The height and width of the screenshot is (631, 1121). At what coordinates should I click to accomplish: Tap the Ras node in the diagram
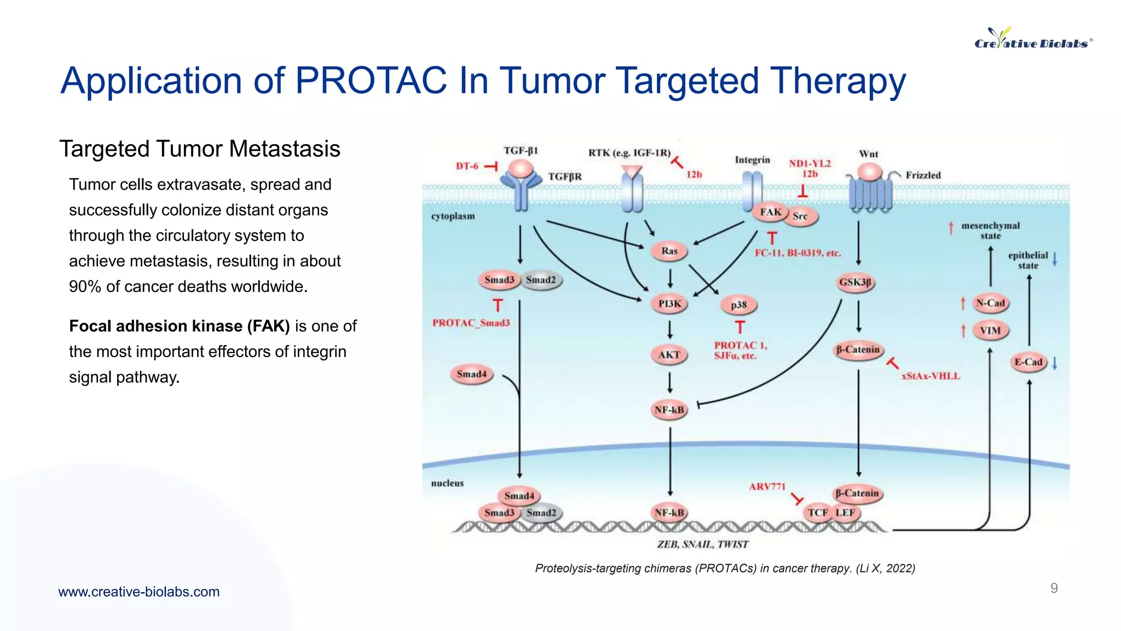pos(669,251)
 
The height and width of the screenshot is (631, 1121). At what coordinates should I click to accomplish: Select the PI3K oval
pos(669,303)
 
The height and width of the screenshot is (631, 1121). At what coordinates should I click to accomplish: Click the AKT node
pos(669,355)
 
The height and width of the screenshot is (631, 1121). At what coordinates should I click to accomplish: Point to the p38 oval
pos(738,305)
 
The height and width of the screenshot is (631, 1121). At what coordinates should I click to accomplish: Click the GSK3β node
pos(855,283)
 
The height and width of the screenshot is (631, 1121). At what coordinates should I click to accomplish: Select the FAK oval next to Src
pos(771,213)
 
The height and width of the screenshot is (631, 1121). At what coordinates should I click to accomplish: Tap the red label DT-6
pos(467,166)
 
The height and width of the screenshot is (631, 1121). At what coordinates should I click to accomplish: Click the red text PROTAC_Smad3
pos(471,323)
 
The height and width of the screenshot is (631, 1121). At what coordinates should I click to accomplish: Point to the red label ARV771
pos(767,486)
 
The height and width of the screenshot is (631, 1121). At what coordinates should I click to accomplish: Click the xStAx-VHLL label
pos(931,376)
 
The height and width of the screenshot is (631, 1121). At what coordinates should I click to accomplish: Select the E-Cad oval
pos(1028,362)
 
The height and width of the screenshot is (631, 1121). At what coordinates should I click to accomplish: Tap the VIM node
pos(990,330)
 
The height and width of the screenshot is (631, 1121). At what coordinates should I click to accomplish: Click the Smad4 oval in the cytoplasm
pos(472,374)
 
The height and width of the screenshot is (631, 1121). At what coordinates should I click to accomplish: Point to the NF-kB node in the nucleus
pos(669,513)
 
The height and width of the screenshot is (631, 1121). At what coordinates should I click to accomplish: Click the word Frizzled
pos(923,175)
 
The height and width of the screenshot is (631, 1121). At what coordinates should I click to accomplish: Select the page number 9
pos(1054,588)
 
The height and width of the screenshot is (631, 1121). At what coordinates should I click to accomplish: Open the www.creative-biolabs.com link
pos(139,592)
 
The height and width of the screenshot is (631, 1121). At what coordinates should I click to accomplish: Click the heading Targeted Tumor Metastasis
pos(200,148)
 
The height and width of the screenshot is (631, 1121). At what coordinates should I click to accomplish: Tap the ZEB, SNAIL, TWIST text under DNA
pos(702,544)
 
